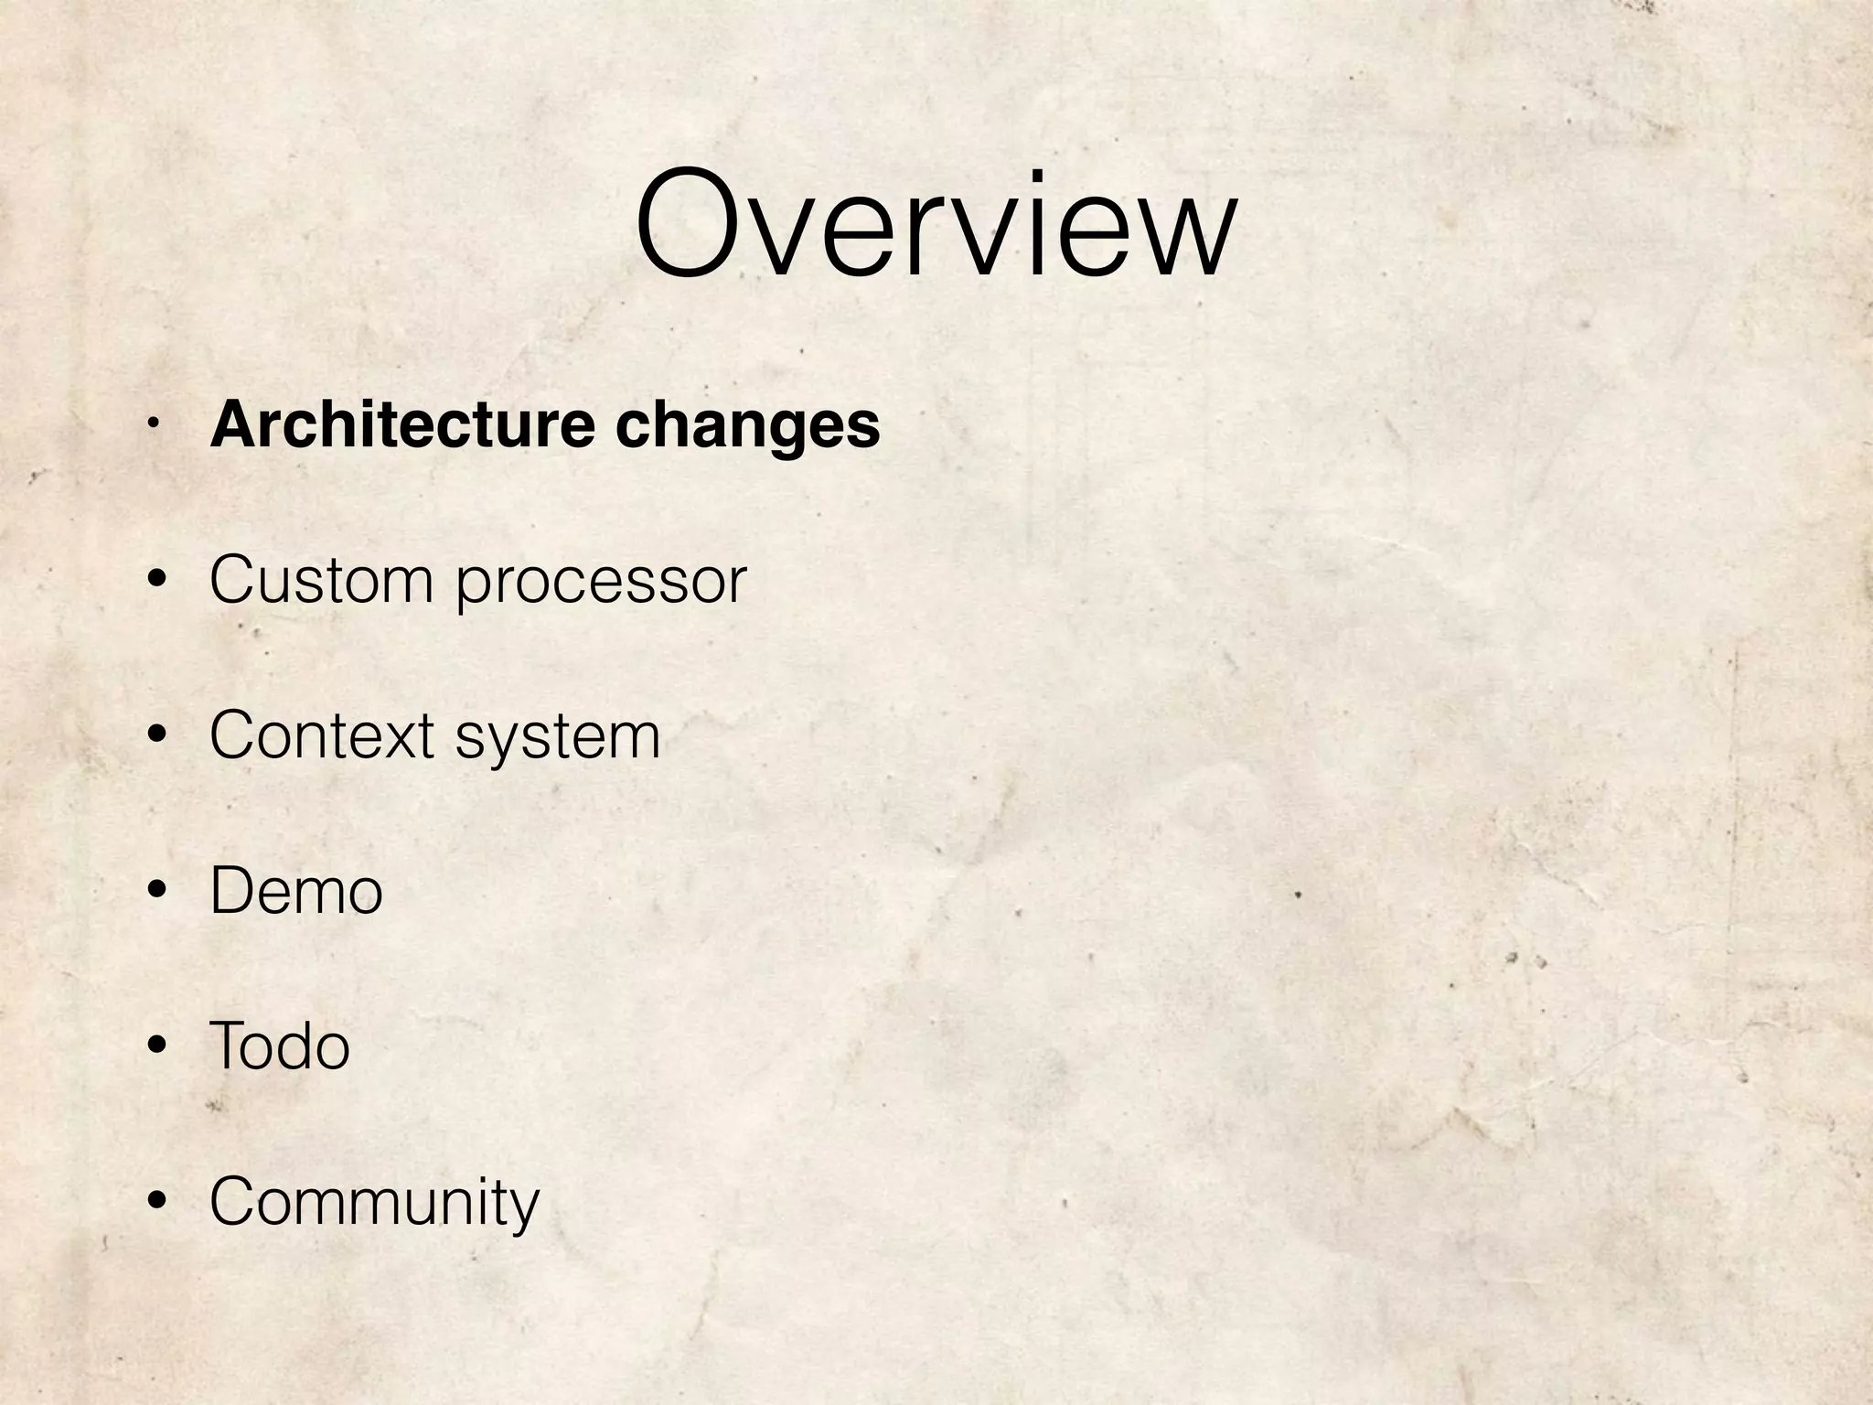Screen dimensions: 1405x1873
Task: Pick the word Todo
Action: tap(280, 1046)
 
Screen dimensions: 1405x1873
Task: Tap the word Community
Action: tap(375, 1203)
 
